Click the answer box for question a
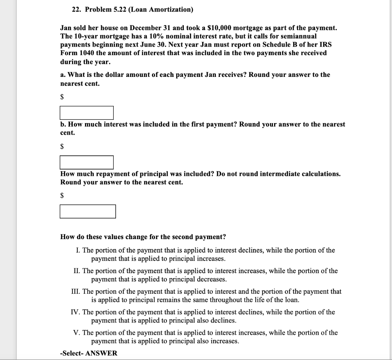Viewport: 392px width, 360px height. click(x=87, y=112)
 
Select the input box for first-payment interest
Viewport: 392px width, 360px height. click(x=87, y=162)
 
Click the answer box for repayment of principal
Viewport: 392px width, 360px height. click(x=88, y=211)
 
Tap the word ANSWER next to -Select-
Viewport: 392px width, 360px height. click(x=101, y=353)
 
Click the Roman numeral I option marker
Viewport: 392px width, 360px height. click(x=78, y=250)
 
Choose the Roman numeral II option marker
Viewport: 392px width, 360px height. click(x=77, y=271)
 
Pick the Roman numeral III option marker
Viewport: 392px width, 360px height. click(x=75, y=292)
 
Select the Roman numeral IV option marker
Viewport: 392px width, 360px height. click(x=76, y=312)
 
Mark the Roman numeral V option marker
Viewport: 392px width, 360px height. click(x=77, y=333)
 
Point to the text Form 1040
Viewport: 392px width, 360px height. click(x=77, y=53)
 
